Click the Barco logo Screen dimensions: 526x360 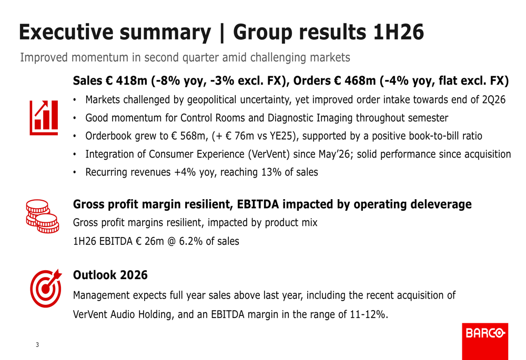485,341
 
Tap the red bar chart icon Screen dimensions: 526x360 44,118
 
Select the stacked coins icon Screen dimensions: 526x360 42,216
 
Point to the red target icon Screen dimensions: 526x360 46,289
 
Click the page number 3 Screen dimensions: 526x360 37,345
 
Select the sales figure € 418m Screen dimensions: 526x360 126,81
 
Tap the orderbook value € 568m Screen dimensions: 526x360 189,136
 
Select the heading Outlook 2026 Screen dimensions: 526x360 110,275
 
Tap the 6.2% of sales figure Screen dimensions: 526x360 191,241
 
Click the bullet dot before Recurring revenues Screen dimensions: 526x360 75,172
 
